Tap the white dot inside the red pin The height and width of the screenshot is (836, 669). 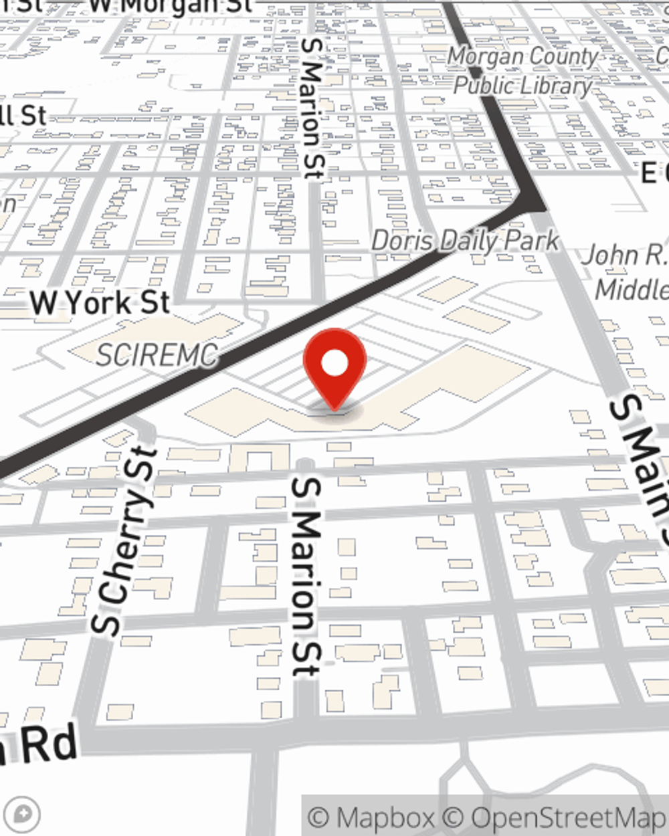point(335,364)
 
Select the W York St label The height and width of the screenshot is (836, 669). point(100,304)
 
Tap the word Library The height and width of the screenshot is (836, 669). point(557,86)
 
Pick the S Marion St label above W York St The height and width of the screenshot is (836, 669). point(312,108)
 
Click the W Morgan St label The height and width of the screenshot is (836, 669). point(171,5)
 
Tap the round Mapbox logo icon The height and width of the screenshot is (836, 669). point(24,815)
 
